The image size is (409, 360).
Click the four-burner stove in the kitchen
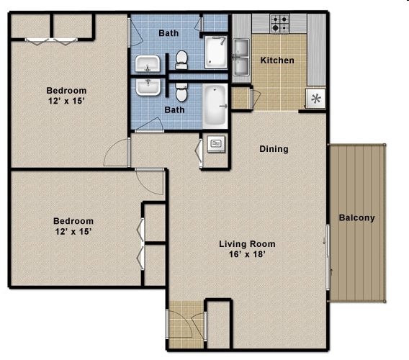click(x=279, y=23)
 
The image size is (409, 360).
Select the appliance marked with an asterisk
click(x=315, y=98)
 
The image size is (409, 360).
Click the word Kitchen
click(x=277, y=60)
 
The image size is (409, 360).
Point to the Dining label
click(x=274, y=149)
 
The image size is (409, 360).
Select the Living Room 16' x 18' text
click(x=247, y=249)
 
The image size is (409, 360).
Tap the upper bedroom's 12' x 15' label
click(x=66, y=96)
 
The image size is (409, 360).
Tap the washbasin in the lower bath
click(x=149, y=87)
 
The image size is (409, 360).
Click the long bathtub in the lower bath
click(x=215, y=105)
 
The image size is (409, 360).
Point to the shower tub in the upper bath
click(x=215, y=52)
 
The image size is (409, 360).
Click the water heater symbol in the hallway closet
click(x=215, y=145)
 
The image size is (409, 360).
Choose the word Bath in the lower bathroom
click(x=174, y=110)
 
